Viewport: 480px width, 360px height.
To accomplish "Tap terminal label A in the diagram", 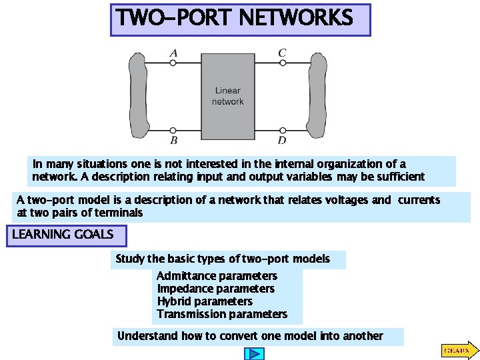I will coord(173,52).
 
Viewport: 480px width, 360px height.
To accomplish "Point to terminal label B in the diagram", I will coord(173,141).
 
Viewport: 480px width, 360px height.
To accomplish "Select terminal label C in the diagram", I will coord(283,52).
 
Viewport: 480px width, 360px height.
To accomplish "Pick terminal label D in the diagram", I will coord(283,141).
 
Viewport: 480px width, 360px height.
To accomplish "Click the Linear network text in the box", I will coord(227,96).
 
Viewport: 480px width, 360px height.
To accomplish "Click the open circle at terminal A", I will coord(173,63).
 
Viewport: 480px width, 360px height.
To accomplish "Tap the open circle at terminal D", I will coord(283,130).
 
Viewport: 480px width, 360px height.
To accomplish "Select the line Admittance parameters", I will coord(217,276).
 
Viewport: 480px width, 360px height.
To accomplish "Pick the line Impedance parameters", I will coord(215,289).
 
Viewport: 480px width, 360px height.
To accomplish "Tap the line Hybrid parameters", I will coord(205,301).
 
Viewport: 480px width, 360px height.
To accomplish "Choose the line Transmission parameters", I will coord(222,314).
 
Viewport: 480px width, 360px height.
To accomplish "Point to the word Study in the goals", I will coord(130,259).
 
